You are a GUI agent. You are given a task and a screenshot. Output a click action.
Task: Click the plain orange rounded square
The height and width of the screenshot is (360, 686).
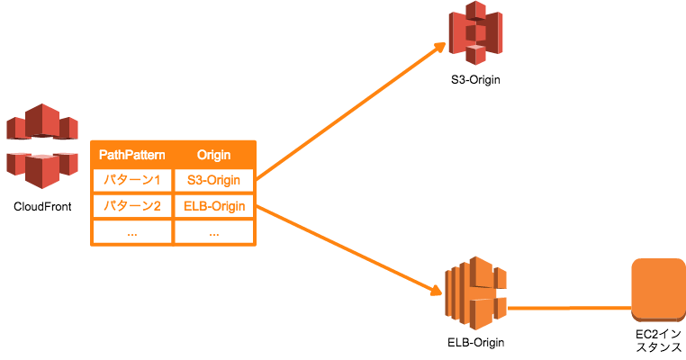(x=658, y=290)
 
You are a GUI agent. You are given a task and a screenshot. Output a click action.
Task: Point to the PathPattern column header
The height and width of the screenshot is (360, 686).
(x=131, y=155)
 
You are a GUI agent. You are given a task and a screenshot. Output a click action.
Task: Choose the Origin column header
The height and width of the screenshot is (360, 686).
(x=213, y=155)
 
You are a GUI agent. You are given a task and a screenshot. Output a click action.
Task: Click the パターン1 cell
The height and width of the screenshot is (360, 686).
(x=131, y=180)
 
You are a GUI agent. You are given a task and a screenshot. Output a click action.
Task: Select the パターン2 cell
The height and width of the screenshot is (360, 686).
(x=131, y=206)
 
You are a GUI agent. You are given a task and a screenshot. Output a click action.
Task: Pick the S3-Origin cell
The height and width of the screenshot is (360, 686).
(x=213, y=180)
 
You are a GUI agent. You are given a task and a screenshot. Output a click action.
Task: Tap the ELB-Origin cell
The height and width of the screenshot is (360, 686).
(x=213, y=206)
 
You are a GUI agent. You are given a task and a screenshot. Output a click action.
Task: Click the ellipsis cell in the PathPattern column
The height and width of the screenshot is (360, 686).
(x=131, y=231)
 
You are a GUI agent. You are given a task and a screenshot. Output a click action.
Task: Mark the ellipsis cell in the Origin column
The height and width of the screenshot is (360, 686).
(x=213, y=231)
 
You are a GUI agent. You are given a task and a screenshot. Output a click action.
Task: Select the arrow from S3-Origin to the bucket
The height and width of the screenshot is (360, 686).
(x=351, y=112)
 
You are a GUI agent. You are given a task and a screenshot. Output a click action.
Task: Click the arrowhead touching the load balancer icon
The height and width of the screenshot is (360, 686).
(x=436, y=290)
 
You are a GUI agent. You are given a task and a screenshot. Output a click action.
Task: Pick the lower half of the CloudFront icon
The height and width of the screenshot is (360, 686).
(x=41, y=167)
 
